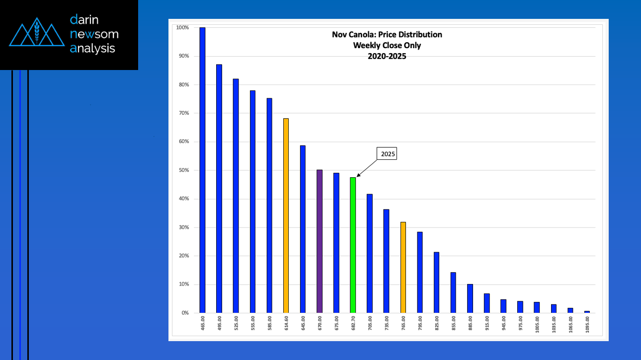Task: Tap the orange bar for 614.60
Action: point(286,216)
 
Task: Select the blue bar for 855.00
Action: point(453,292)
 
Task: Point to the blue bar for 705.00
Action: point(370,253)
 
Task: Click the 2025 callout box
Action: point(388,154)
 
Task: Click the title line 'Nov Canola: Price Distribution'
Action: point(387,35)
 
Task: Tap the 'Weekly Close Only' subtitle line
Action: point(387,45)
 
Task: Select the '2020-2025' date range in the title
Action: point(387,56)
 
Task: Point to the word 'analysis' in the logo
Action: point(92,48)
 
